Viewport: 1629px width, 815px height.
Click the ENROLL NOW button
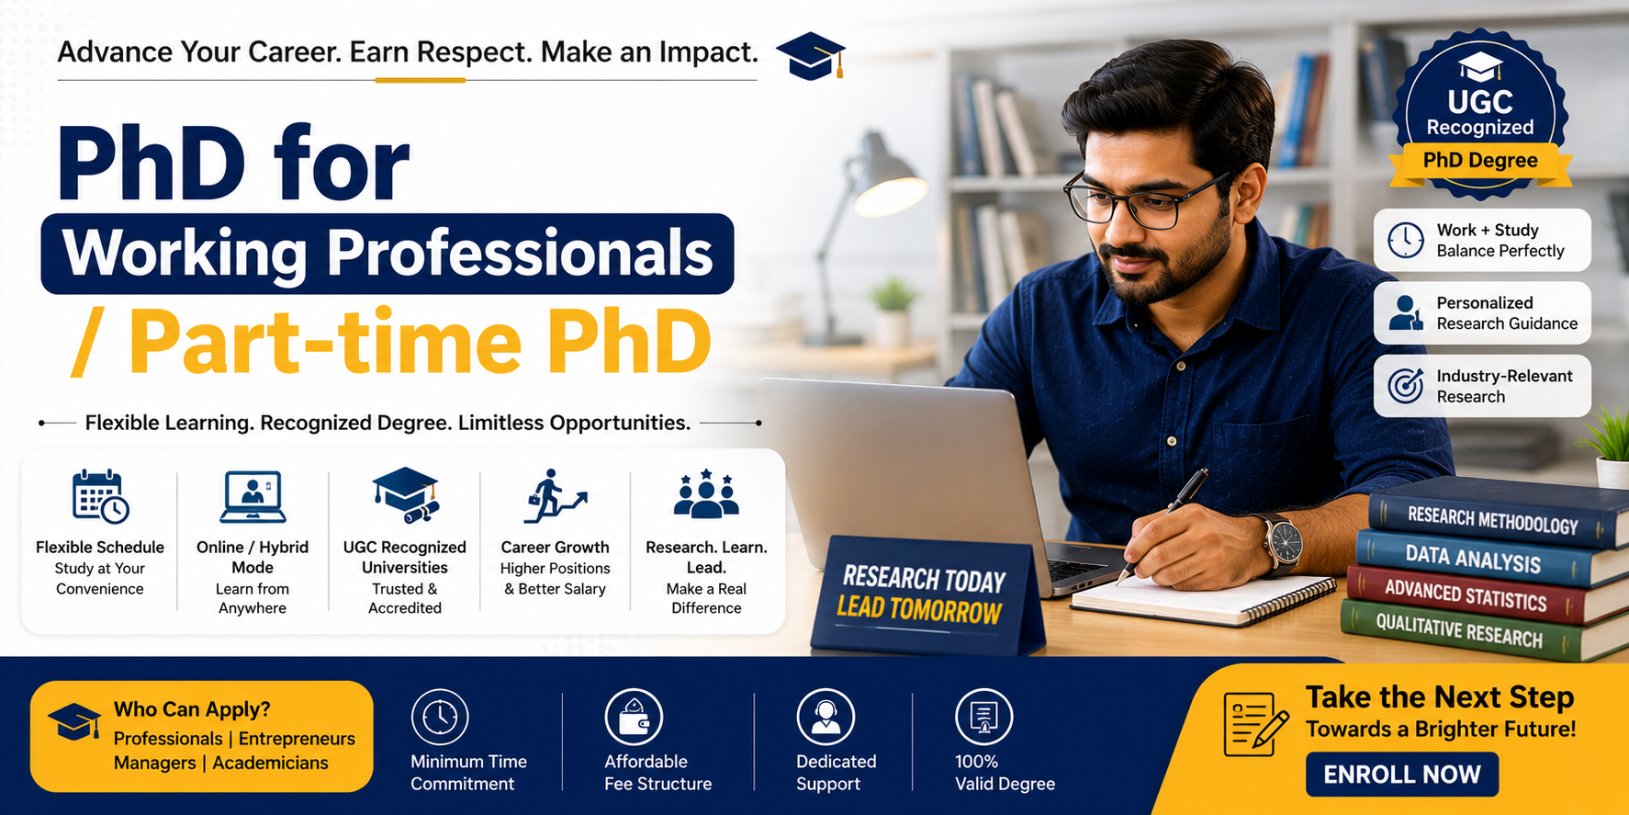1401,775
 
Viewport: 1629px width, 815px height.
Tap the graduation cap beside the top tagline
810,56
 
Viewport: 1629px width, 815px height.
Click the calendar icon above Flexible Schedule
100,496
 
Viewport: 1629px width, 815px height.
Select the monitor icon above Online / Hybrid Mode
253,496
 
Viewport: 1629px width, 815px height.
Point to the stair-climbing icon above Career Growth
555,496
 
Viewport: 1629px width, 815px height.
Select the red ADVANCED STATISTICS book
1478,597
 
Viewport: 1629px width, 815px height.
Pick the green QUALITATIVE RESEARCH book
1478,633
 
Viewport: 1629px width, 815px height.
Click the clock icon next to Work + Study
1406,241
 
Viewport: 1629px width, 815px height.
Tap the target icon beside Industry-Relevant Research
1406,386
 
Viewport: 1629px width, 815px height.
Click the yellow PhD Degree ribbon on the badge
1480,162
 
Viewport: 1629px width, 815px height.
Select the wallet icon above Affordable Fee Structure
634,718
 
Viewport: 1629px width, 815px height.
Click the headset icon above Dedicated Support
826,718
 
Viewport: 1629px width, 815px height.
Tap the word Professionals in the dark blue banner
520,254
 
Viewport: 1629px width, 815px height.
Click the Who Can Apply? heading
192,709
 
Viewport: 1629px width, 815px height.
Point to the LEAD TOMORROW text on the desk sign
919,610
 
